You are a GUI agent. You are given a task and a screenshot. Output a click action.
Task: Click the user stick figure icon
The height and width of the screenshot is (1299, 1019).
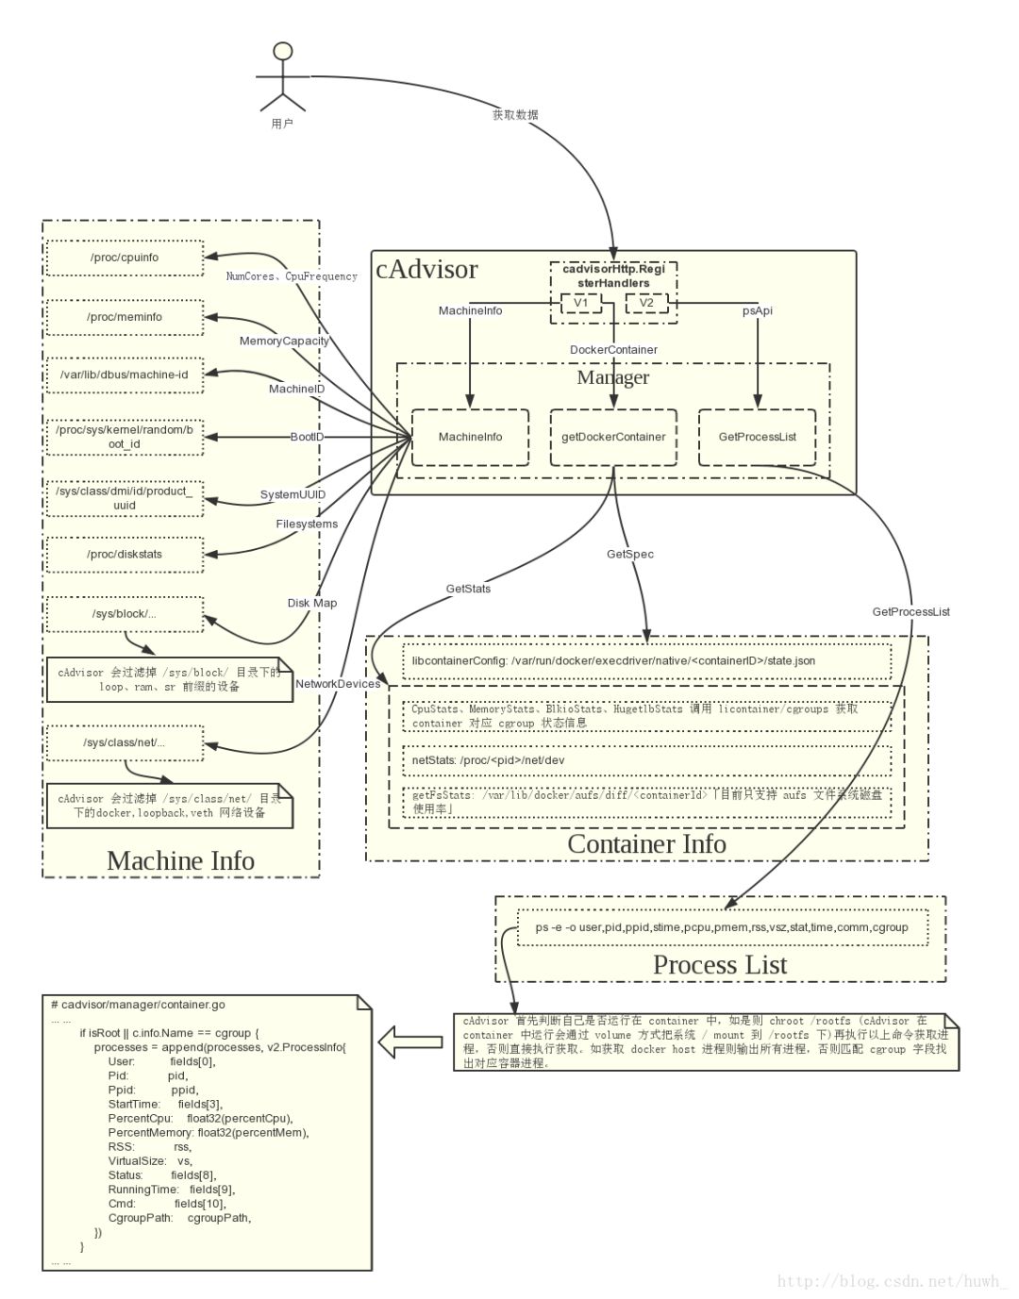[282, 77]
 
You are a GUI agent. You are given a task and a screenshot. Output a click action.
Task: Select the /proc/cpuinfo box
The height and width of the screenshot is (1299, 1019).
[125, 258]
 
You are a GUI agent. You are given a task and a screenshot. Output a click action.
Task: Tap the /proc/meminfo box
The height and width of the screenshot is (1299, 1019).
[125, 317]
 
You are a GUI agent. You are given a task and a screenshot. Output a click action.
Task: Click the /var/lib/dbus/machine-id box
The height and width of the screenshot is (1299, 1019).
[125, 375]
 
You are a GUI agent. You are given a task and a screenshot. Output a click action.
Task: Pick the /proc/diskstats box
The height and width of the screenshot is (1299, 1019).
[125, 554]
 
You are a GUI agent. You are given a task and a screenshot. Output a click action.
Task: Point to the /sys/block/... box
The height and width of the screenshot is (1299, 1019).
[125, 613]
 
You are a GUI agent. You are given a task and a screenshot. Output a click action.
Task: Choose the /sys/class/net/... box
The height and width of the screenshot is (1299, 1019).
[125, 742]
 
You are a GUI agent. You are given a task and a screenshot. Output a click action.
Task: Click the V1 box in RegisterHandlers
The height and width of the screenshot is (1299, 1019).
[580, 303]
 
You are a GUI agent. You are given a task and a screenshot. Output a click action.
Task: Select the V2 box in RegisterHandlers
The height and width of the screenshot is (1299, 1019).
[646, 303]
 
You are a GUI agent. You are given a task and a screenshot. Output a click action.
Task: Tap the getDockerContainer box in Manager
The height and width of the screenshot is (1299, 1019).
[613, 437]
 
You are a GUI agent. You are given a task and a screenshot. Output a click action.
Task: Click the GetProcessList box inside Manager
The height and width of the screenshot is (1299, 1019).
[757, 437]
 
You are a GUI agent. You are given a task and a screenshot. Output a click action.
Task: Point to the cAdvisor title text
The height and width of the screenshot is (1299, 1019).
[426, 270]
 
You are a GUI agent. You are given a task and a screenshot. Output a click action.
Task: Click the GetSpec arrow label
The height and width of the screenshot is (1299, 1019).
[629, 554]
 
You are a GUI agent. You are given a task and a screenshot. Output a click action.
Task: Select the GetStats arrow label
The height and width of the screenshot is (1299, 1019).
[468, 589]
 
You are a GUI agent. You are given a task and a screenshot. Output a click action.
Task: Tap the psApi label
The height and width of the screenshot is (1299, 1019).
[757, 310]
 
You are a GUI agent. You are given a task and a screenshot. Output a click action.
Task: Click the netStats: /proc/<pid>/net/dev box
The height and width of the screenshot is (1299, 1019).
[646, 760]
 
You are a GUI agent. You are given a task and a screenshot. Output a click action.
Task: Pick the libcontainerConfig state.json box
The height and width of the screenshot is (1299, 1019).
[646, 661]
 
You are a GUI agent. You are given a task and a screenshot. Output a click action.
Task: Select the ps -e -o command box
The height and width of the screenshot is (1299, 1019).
[722, 927]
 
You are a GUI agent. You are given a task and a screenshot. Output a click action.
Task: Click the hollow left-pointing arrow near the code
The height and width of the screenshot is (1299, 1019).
[410, 1042]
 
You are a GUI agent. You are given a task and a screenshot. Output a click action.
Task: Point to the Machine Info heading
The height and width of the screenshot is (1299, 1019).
[180, 860]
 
